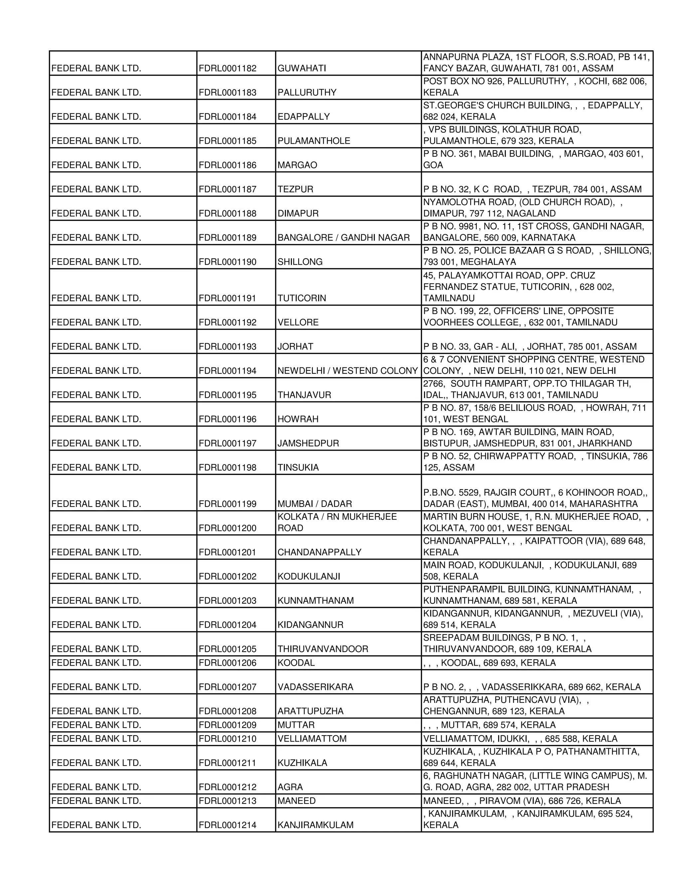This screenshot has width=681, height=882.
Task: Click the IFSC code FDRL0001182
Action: (x=227, y=68)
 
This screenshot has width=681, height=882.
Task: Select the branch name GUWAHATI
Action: (x=302, y=68)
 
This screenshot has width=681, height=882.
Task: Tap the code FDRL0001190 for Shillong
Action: (x=227, y=262)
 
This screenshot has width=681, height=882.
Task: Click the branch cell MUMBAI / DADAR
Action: (x=315, y=504)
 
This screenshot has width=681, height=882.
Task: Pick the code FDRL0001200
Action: (x=227, y=528)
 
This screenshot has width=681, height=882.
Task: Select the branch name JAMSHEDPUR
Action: (x=308, y=443)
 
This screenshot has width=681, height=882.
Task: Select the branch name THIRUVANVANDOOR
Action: (x=323, y=649)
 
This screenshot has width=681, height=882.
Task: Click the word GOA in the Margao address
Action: (x=433, y=165)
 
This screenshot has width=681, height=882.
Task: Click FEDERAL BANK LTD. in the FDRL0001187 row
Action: (x=96, y=189)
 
